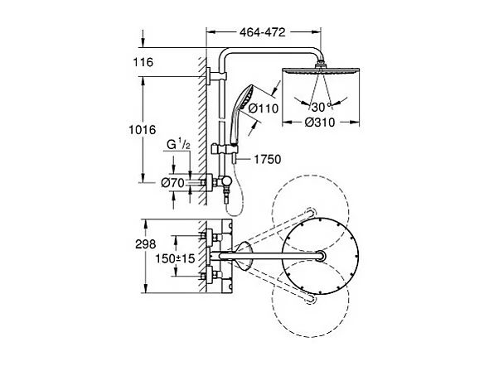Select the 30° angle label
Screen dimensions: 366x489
(x=318, y=107)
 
